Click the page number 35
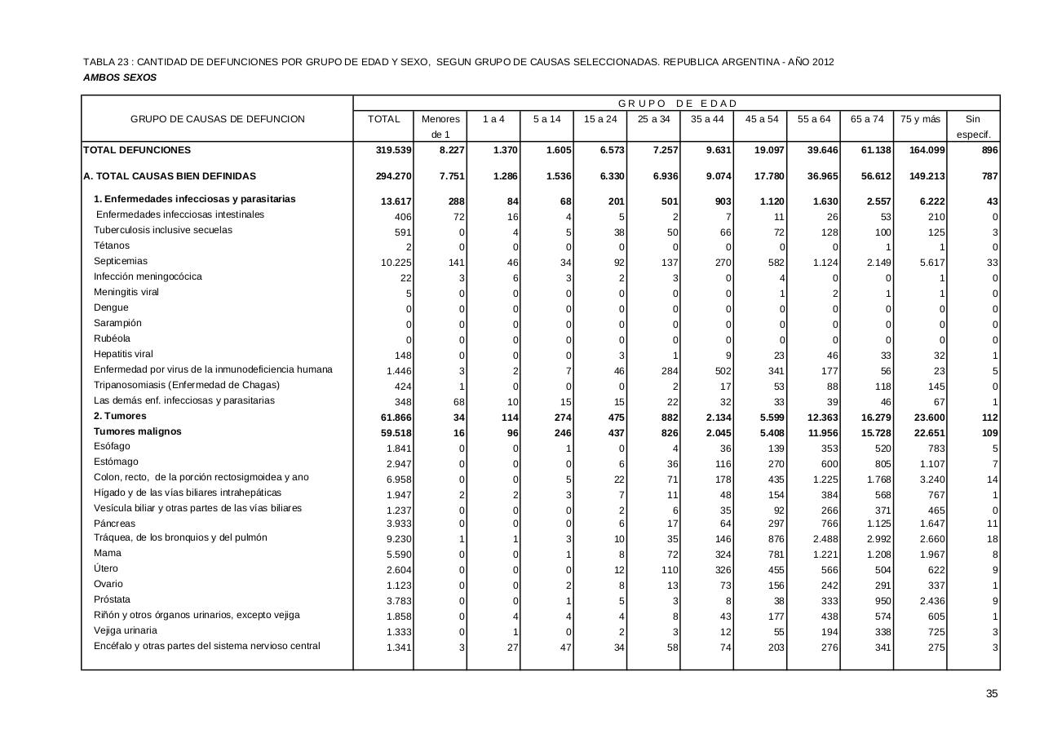(x=991, y=694)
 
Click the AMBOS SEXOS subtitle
(x=120, y=77)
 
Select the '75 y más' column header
(x=920, y=119)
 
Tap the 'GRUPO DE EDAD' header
(x=677, y=104)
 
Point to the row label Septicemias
(x=121, y=261)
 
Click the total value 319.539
(x=393, y=150)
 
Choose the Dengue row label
(x=111, y=307)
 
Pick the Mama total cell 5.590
(x=399, y=555)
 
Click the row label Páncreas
(x=115, y=524)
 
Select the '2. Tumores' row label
(x=121, y=416)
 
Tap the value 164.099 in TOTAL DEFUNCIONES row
(x=922, y=150)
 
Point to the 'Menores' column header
(x=440, y=119)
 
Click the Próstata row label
(x=112, y=599)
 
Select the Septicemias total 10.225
(x=396, y=263)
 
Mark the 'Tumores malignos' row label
(x=138, y=431)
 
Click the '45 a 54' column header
(x=760, y=119)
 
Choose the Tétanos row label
(x=112, y=245)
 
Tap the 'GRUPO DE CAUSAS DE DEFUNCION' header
(x=218, y=119)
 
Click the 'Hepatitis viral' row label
(x=123, y=354)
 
